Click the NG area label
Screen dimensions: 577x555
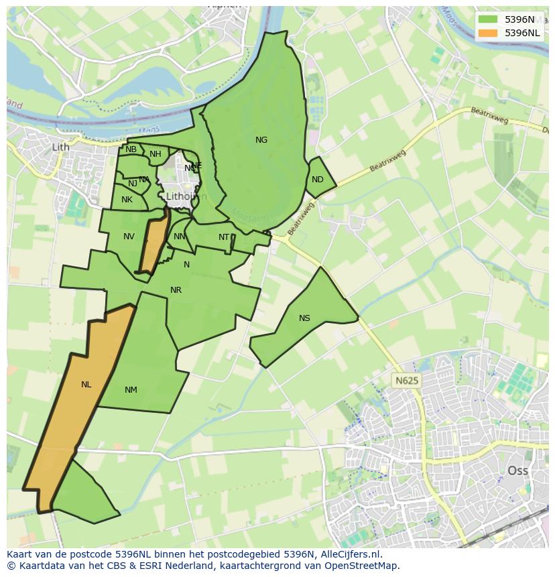[x=261, y=140]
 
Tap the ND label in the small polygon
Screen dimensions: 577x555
[x=318, y=180]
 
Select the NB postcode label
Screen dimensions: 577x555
[x=131, y=149]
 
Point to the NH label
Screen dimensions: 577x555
[x=156, y=154]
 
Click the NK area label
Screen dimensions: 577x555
[x=127, y=200]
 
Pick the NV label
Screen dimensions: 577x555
[x=129, y=237]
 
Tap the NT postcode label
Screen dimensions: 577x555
[x=224, y=237]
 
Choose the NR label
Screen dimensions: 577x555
[x=176, y=290]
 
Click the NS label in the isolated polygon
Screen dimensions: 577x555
[x=304, y=318]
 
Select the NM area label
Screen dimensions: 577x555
[x=131, y=390]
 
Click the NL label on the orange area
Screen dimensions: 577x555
[x=86, y=385]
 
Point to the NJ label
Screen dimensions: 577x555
[x=133, y=184]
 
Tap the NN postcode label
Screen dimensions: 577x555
[x=179, y=237]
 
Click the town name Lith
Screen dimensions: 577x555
[x=60, y=147]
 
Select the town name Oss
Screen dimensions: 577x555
[x=517, y=470]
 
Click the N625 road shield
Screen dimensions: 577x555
[x=406, y=381]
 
